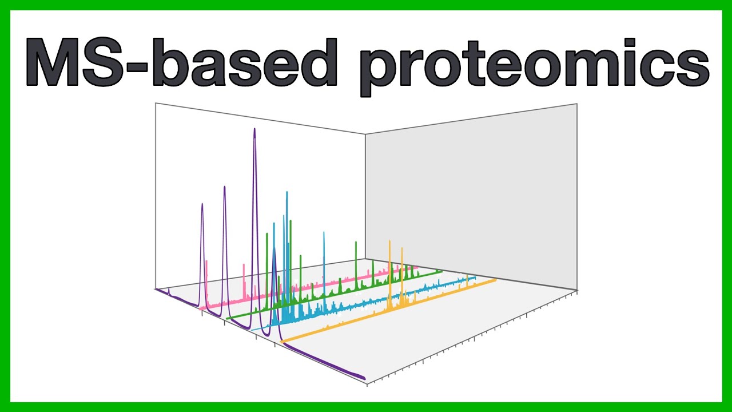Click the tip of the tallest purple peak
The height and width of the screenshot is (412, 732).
(x=254, y=129)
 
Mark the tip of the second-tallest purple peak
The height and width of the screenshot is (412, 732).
(x=224, y=187)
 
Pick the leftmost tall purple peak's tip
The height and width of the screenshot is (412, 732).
(x=202, y=204)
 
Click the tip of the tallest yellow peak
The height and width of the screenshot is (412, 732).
(x=389, y=241)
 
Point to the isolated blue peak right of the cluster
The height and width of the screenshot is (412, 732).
(x=324, y=233)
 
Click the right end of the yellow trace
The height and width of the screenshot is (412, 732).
(x=495, y=280)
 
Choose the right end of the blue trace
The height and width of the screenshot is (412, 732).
(x=476, y=278)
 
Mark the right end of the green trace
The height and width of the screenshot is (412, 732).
(x=441, y=271)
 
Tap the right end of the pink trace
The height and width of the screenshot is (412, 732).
(x=418, y=267)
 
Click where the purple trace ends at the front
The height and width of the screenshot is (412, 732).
(x=364, y=378)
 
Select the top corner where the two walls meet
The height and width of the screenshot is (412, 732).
(x=365, y=134)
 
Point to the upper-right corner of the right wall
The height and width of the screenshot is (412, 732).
(x=576, y=104)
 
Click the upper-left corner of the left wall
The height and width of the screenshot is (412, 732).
(x=156, y=104)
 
